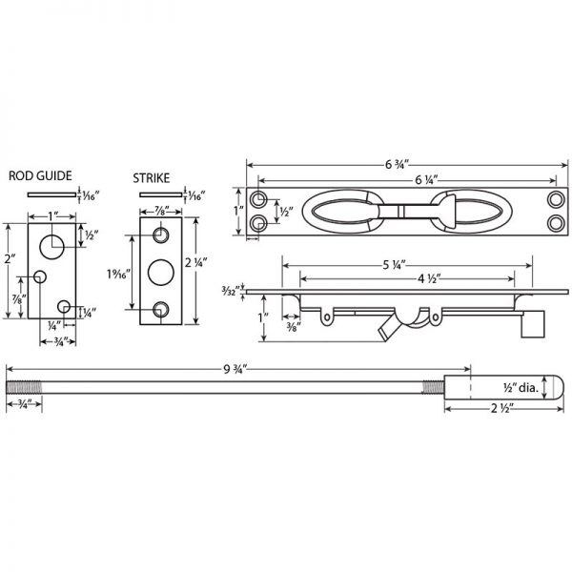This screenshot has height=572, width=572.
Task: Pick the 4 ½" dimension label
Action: point(407,278)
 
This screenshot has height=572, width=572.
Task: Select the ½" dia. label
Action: point(523,387)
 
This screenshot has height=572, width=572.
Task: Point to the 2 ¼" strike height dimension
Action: point(208,271)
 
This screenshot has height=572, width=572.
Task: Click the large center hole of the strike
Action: point(161,272)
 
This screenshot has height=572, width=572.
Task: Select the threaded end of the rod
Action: point(23,387)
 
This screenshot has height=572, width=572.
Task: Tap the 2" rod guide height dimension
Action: point(10,259)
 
